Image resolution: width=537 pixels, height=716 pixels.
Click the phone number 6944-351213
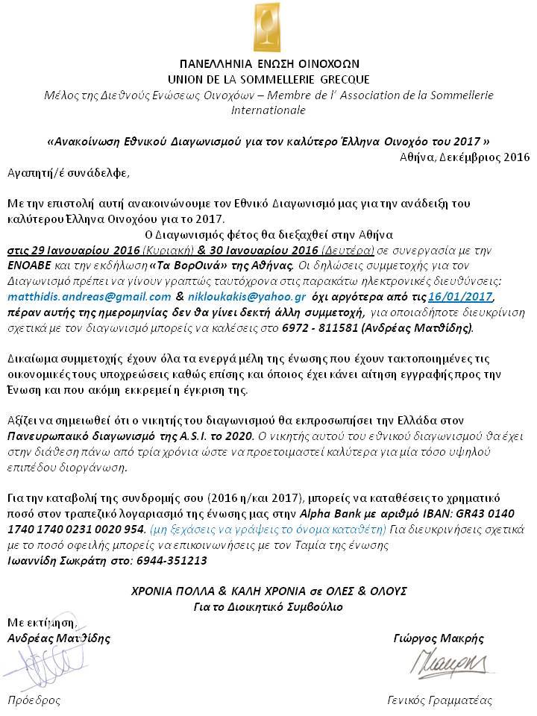pyautogui.click(x=174, y=560)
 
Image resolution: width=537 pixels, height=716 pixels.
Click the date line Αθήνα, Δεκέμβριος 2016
pyautogui.click(x=463, y=157)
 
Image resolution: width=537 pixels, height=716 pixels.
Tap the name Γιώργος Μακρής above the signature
pyautogui.click(x=438, y=638)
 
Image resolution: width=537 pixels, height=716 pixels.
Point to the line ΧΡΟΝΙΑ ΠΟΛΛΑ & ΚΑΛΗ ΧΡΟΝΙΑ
pyautogui.click(x=268, y=590)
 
